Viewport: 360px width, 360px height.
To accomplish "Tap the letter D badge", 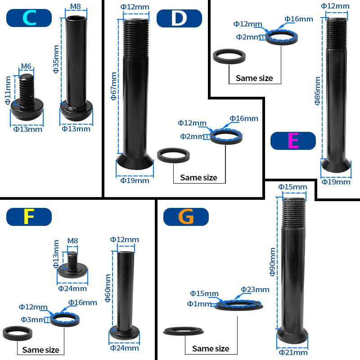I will point(179,18).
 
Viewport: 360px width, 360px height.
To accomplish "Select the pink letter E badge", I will point(293,140).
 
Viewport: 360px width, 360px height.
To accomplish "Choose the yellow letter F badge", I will point(29,216).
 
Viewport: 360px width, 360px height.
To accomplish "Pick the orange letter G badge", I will point(186,216).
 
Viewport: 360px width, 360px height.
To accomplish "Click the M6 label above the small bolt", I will point(26,67).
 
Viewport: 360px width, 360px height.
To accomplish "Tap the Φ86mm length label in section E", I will point(318,90).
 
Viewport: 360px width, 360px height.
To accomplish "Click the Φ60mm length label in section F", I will point(108,288).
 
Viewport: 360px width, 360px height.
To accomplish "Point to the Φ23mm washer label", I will point(255,289).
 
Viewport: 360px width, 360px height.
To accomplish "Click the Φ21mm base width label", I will point(293,352).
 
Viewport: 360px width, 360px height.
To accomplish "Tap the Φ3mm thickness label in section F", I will point(33,319).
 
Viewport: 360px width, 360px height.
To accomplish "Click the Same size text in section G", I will point(211,348).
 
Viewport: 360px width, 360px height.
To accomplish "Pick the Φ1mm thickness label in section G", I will point(199,304).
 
